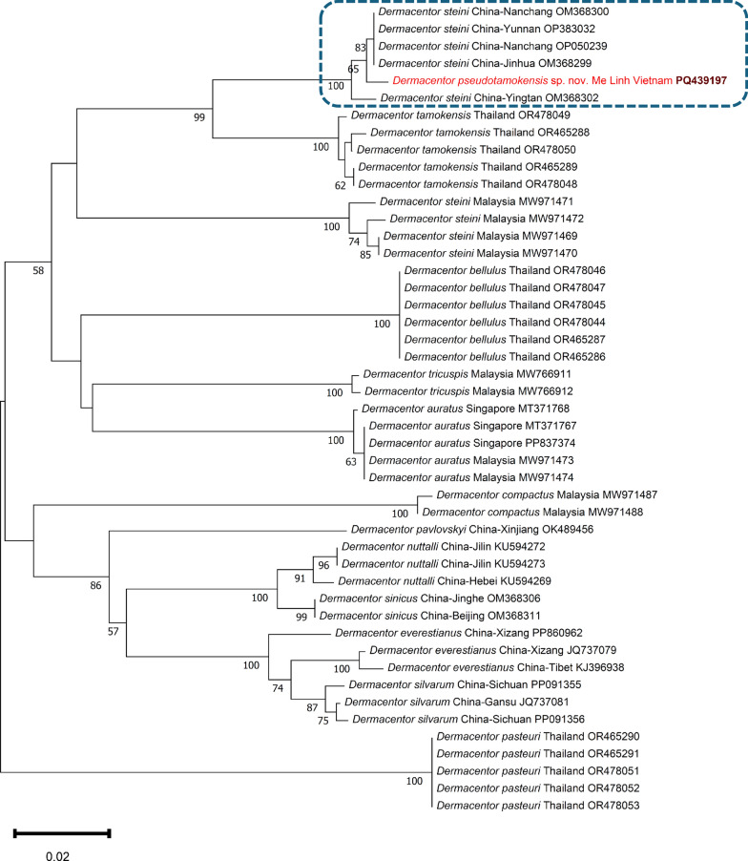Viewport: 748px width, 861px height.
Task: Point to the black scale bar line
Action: pyautogui.click(x=62, y=833)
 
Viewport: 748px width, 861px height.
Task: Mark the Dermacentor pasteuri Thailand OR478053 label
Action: pyautogui.click(x=547, y=805)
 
